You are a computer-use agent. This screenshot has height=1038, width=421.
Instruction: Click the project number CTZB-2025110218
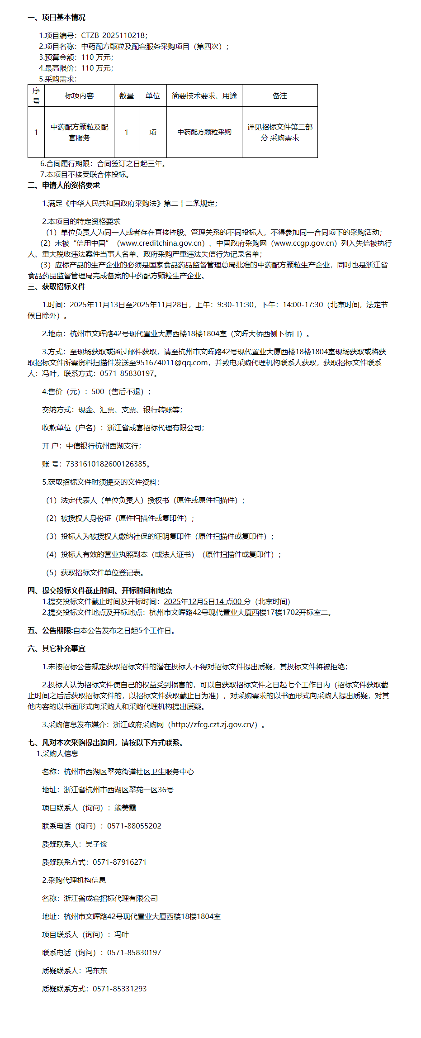114,35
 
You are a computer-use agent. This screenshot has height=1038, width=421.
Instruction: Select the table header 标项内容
79,96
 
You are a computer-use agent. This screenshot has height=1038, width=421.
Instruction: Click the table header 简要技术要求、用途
204,96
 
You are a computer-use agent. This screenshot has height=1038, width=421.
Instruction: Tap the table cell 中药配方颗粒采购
204,132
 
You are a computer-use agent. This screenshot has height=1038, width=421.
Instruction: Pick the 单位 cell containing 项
153,132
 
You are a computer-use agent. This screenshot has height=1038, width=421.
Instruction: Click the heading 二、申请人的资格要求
64,186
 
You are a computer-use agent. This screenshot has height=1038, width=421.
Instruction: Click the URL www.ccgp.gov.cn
306,243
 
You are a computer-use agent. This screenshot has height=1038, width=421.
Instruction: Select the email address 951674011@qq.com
168,363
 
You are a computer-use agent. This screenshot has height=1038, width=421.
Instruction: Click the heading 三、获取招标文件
57,287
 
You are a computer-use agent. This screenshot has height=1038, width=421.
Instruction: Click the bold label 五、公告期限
50,631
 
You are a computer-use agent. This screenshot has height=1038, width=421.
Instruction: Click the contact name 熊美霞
125,808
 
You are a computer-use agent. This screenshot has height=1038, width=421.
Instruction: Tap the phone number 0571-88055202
134,826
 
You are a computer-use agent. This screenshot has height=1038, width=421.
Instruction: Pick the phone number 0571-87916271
120,862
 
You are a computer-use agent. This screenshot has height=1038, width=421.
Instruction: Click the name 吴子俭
96,844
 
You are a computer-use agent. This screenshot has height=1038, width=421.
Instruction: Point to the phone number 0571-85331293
120,989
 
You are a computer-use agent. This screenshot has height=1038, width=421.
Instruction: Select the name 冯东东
96,971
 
